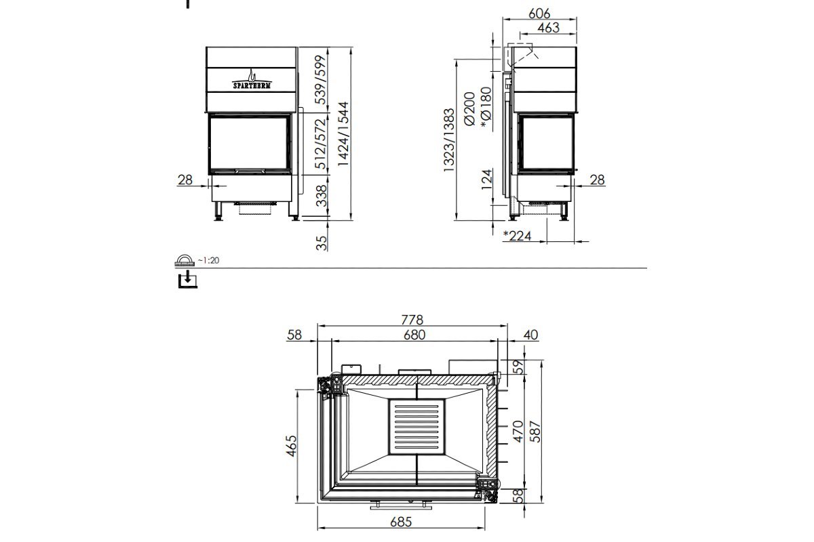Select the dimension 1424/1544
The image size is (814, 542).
(x=343, y=134)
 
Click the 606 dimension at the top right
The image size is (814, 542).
(x=540, y=13)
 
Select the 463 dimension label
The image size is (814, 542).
(x=547, y=27)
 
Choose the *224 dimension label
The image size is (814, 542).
(x=518, y=236)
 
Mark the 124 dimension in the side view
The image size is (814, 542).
(x=486, y=180)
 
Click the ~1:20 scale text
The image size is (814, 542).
(x=210, y=260)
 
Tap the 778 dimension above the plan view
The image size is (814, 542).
(x=412, y=318)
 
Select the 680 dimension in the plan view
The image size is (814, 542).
(x=414, y=334)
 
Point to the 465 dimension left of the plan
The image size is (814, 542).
(x=292, y=446)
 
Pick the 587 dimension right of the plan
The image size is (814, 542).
(x=535, y=432)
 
